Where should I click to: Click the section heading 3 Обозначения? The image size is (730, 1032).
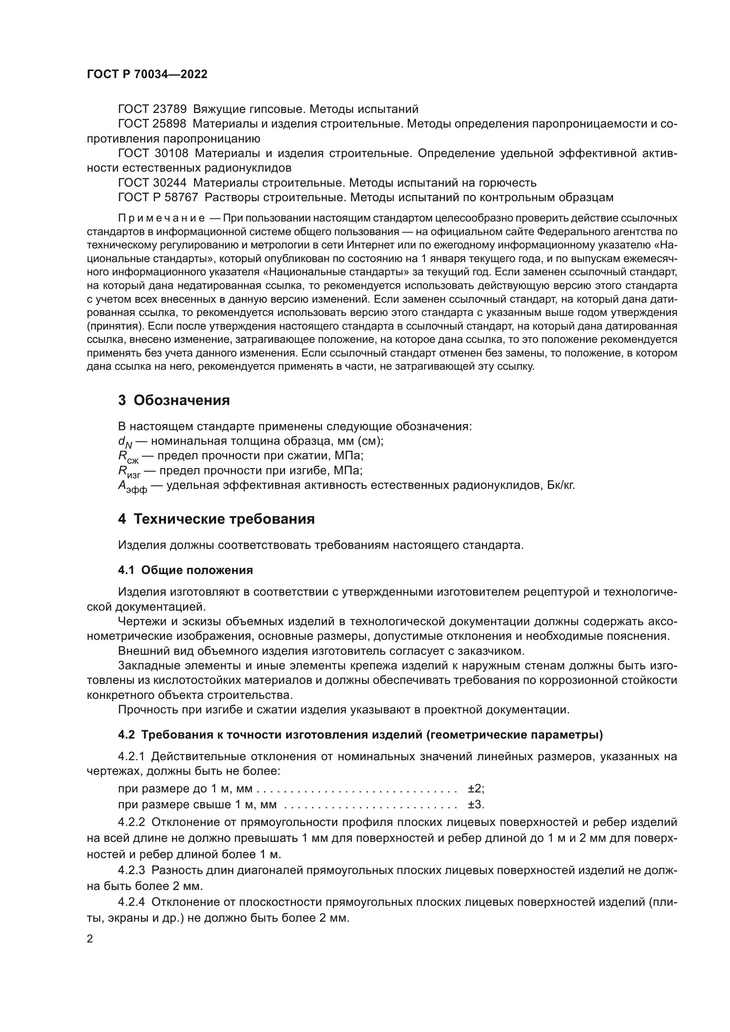pyautogui.click(x=174, y=401)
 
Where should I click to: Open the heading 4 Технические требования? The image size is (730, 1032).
pyautogui.click(x=216, y=520)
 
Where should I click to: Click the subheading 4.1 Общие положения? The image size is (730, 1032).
pyautogui.click(x=185, y=570)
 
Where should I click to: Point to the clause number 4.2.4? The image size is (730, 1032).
pyautogui.click(x=131, y=902)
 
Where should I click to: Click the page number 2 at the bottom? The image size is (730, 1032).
pyautogui.click(x=90, y=939)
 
